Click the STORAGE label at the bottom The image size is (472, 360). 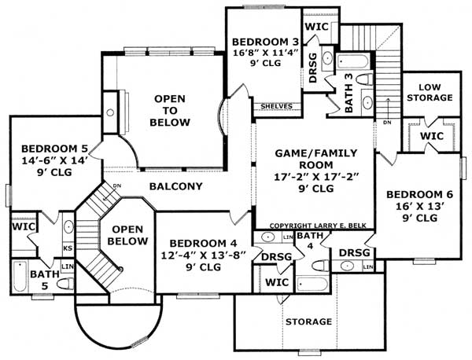pos(308,321)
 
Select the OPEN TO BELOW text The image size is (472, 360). pos(171,110)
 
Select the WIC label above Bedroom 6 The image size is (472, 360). pos(431,136)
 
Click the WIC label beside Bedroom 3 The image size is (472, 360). pos(315,26)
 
